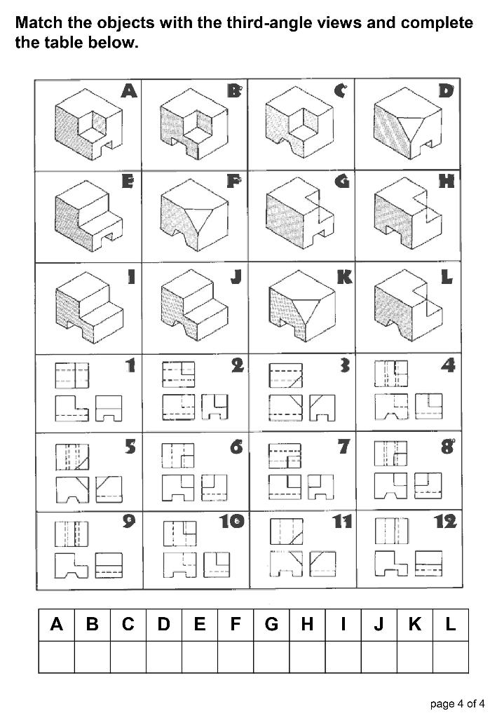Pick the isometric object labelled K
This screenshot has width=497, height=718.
298,309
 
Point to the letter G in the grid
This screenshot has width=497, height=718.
341,182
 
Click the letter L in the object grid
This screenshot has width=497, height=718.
447,278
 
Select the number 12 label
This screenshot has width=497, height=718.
444,521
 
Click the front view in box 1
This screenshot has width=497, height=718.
72,407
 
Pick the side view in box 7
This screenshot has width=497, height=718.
322,485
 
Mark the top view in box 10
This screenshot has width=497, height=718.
179,534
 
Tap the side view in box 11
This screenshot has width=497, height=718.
322,563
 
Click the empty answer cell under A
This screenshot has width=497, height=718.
57,657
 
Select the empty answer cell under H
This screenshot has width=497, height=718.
307,657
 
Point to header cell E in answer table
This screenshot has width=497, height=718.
200,625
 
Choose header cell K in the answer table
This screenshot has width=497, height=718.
414,625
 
